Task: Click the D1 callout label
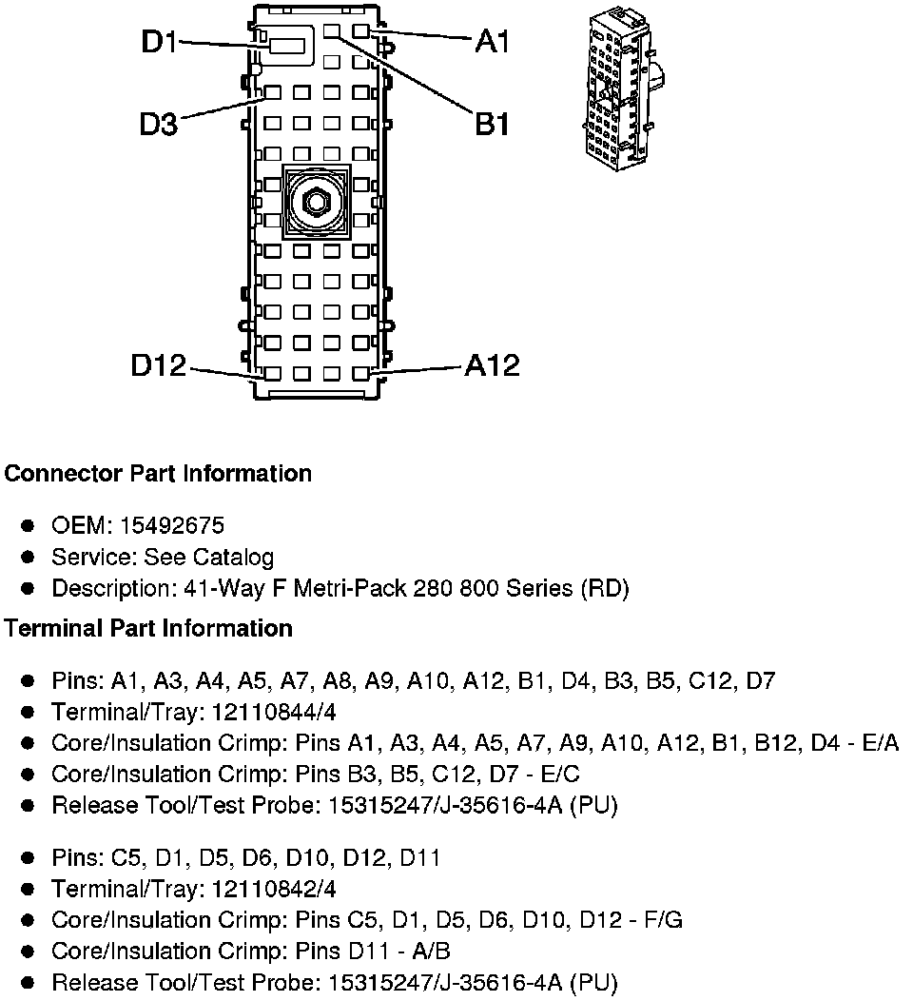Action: (159, 43)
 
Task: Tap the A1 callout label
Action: (493, 42)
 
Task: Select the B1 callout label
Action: (493, 124)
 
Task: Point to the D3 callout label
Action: (159, 124)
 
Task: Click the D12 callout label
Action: (159, 366)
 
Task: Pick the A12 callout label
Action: (492, 366)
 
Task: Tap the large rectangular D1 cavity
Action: (287, 46)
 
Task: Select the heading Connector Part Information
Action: (158, 473)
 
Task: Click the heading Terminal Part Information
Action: (148, 628)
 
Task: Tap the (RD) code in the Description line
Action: (605, 589)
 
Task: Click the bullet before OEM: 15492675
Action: (29, 525)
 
